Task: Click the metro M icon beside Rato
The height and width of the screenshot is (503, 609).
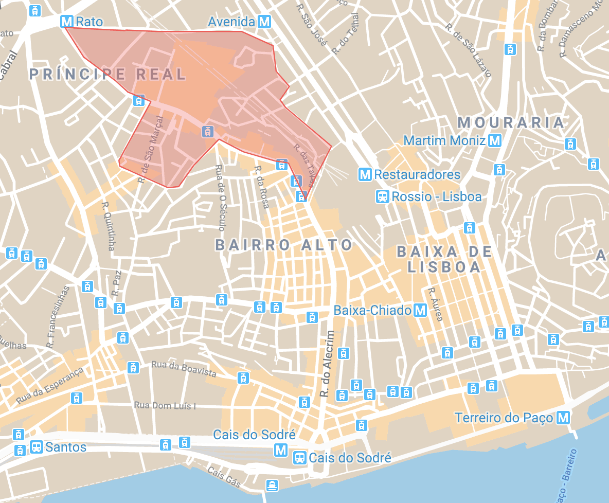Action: pos(66,22)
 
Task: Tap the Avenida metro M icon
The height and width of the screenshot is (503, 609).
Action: pos(264,22)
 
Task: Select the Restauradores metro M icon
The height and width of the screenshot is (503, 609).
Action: pos(365,174)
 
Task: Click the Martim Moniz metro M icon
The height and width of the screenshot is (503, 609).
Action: pos(495,140)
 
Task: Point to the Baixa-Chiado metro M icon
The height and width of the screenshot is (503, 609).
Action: pos(421,310)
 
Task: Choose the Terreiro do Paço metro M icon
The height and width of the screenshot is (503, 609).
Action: pos(564,418)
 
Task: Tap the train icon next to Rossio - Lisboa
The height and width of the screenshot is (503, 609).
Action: pos(383,196)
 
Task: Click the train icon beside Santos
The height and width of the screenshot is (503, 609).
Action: pos(36,446)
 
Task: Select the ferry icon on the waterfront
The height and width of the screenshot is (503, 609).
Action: pos(272,484)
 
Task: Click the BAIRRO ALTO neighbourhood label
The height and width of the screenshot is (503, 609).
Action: pos(284,245)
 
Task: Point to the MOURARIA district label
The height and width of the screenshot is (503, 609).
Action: pos(511,122)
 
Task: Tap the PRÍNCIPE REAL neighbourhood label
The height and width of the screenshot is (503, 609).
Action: pos(107,74)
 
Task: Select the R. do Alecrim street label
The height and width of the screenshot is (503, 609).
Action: pos(327,364)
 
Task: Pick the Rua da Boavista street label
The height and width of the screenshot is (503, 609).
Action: pos(184,368)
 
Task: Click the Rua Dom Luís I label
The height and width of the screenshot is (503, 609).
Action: pos(165,406)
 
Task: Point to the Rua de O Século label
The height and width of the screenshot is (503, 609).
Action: pos(219,198)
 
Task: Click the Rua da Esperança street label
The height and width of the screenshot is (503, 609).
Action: pos(49,386)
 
